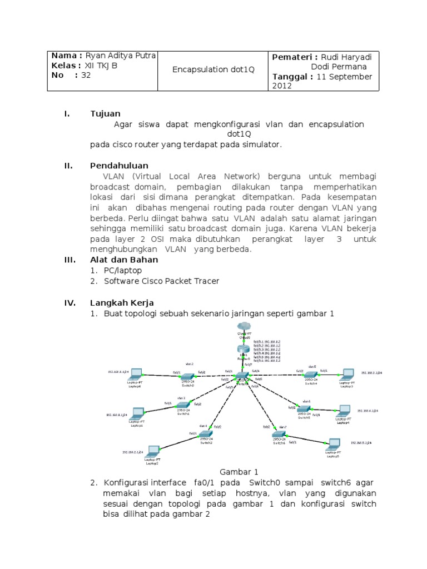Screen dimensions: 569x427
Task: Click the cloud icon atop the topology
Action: [244, 327]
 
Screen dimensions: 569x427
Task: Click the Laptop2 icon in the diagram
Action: [152, 451]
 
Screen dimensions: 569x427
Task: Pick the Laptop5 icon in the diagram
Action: [334, 443]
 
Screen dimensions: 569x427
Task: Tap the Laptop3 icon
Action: [348, 374]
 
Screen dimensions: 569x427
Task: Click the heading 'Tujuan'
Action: [105, 114]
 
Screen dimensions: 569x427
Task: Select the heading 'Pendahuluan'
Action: [119, 166]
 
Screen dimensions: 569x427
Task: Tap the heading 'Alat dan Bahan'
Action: [124, 259]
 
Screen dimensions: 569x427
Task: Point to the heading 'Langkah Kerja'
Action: [122, 302]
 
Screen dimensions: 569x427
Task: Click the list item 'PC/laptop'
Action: [123, 270]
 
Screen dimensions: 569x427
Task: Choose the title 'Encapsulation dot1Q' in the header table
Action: [213, 70]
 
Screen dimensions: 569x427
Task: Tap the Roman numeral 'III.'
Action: [68, 259]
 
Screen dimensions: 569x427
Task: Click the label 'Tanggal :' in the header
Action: [292, 77]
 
